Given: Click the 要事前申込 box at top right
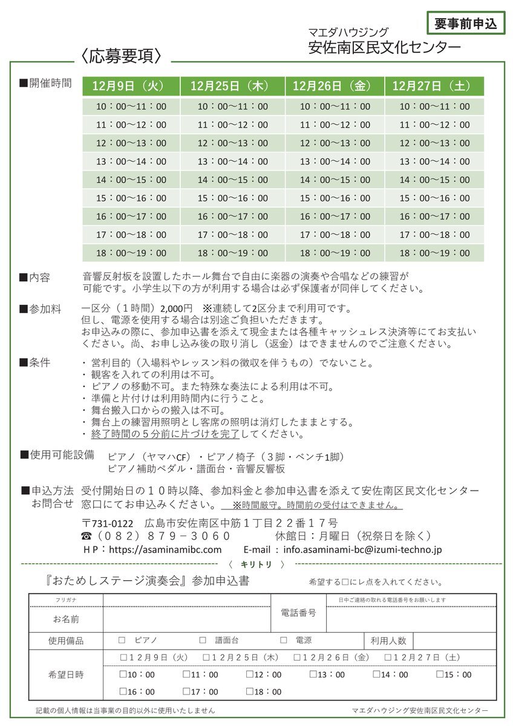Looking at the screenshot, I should pos(466,24).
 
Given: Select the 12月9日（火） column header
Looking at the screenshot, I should pos(131,86).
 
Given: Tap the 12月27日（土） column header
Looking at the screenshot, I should pos(434,86).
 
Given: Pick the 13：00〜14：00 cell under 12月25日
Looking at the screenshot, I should pos(233,162).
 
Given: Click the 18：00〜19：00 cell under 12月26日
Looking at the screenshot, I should pos(335,253).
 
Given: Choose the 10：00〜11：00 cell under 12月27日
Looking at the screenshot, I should pos(434,106).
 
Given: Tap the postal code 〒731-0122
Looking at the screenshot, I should pos(108,523).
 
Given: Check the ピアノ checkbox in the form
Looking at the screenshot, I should pos(122,640).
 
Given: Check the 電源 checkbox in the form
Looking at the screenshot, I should pos(283,640).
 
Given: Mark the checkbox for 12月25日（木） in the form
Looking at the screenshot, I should pos(206,657).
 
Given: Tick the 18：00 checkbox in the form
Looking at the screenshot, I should pos(249,692).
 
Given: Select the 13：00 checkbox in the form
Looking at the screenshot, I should pos(312,675).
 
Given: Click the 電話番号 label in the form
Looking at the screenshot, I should pos(299,613).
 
